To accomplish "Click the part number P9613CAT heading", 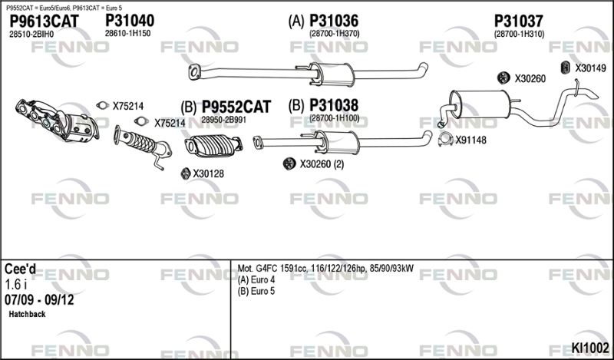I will (x=43, y=21).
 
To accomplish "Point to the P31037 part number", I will (x=519, y=21).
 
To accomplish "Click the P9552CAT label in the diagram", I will (x=236, y=107).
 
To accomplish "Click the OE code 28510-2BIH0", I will (x=31, y=35).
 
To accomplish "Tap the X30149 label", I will (x=590, y=68).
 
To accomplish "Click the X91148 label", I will (x=470, y=140).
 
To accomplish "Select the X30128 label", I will (x=208, y=174).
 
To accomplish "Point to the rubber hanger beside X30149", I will (x=564, y=68).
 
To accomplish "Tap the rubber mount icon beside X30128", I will (x=184, y=174).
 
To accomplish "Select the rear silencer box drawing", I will (x=480, y=104).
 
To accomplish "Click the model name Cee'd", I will (x=21, y=269).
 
